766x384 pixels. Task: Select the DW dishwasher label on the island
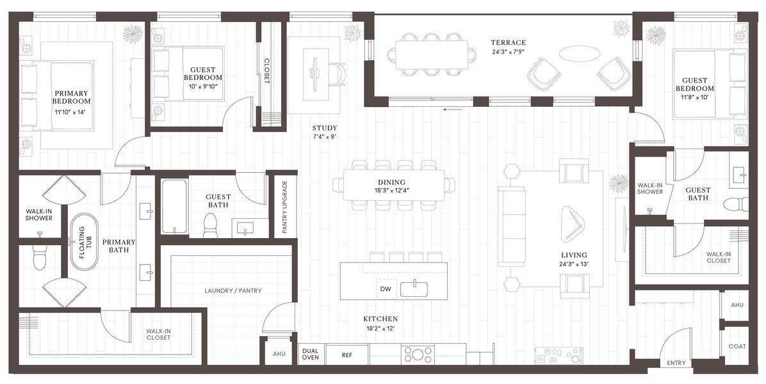click(x=385, y=289)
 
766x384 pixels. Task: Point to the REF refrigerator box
click(x=346, y=354)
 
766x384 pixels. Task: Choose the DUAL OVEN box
click(x=311, y=354)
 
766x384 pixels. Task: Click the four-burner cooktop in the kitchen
click(x=418, y=354)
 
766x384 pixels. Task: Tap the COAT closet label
click(x=737, y=346)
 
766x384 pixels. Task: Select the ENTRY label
click(x=676, y=363)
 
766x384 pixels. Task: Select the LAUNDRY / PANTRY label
click(x=232, y=291)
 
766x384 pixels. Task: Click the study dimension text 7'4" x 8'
click(x=325, y=136)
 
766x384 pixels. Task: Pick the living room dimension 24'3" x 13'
click(x=574, y=264)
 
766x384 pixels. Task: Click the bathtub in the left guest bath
click(x=174, y=206)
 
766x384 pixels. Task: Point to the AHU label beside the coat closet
click(x=737, y=305)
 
